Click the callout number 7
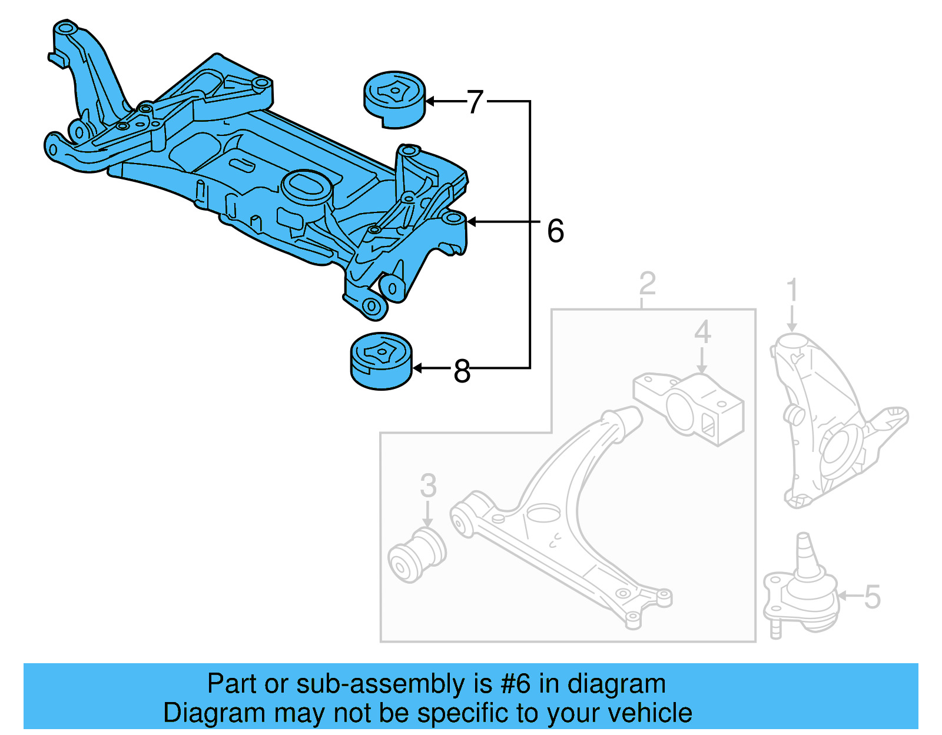tap(475, 102)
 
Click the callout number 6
tap(555, 231)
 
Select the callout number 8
tap(462, 371)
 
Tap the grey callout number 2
tap(647, 284)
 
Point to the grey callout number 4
tap(702, 332)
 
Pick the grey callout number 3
tap(428, 485)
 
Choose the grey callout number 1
tap(792, 290)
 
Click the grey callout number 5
tap(872, 597)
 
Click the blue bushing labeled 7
tap(394, 100)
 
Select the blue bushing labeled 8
tap(382, 361)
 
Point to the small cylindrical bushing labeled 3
tap(416, 555)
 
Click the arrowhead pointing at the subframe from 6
tap(472, 222)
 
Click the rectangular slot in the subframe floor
tap(241, 165)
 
